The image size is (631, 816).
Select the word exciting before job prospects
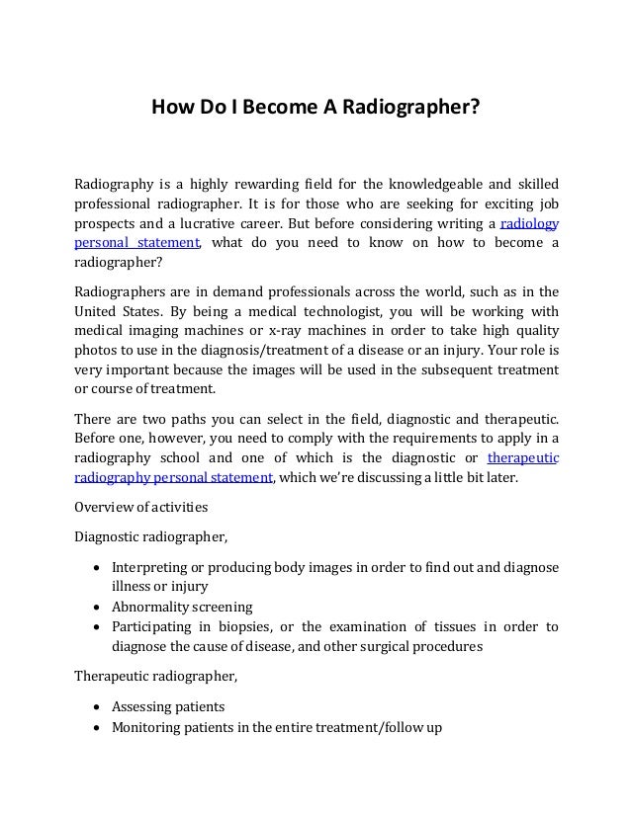click(x=494, y=204)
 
